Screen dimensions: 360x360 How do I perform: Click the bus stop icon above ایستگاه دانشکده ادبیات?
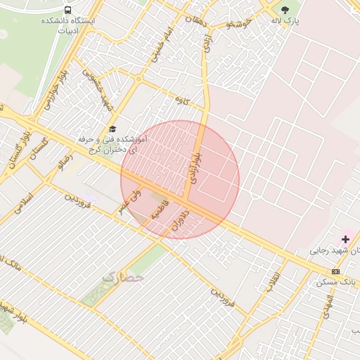[67, 10]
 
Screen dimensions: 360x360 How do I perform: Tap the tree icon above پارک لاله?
[285, 10]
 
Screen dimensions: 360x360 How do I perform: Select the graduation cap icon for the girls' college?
[112, 129]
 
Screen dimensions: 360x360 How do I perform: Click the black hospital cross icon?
[345, 240]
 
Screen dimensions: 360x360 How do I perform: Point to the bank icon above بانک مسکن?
[335, 271]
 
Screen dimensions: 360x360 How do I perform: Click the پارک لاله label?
[286, 21]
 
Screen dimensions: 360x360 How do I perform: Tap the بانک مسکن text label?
[334, 282]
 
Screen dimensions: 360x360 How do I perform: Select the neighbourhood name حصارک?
[123, 277]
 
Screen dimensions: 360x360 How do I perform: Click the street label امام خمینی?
[158, 44]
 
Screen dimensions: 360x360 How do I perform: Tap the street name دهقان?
[196, 20]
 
